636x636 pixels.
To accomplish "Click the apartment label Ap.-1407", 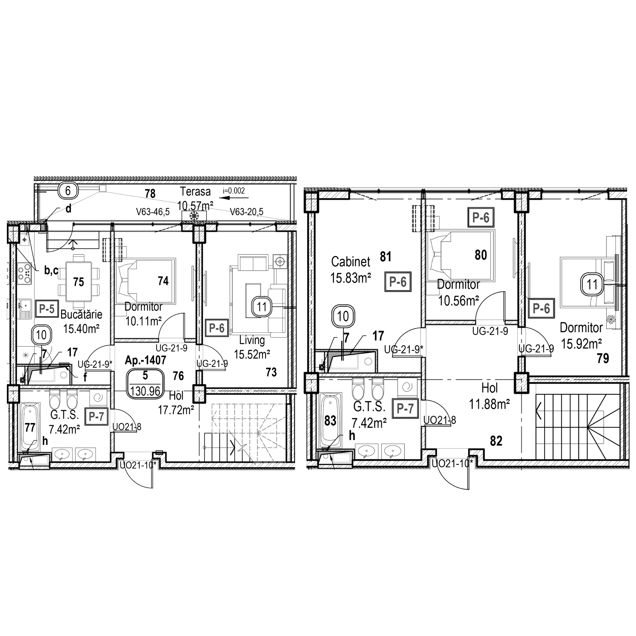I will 146,360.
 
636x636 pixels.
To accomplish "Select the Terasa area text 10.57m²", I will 195,206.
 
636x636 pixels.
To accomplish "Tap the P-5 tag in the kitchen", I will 47,309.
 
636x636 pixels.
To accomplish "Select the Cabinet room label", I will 351,262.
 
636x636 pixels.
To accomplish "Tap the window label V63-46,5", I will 153,212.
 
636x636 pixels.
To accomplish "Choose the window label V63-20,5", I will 247,212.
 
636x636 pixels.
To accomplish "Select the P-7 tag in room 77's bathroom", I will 96,417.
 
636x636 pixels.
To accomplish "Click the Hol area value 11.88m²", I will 489,404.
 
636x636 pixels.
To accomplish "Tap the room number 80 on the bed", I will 481,255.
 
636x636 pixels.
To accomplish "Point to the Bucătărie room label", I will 81,314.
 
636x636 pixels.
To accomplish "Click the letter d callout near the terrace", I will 68,209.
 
